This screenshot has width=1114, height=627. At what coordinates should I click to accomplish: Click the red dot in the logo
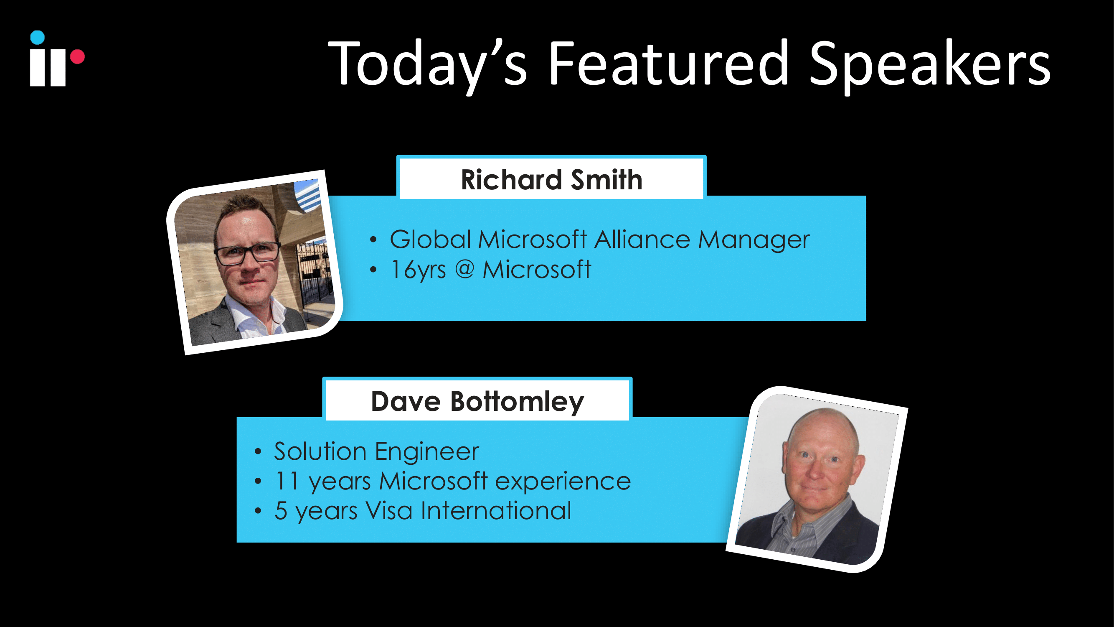(x=77, y=57)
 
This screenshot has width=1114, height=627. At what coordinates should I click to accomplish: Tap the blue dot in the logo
(x=38, y=38)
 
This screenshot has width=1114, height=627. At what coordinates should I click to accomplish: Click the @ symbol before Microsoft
(x=464, y=270)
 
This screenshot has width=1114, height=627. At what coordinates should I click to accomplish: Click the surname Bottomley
(x=517, y=402)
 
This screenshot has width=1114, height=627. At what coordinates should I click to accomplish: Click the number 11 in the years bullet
(x=287, y=481)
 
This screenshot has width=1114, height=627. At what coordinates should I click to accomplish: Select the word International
(x=496, y=511)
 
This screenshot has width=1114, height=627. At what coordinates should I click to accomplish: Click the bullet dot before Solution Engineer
(x=258, y=452)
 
